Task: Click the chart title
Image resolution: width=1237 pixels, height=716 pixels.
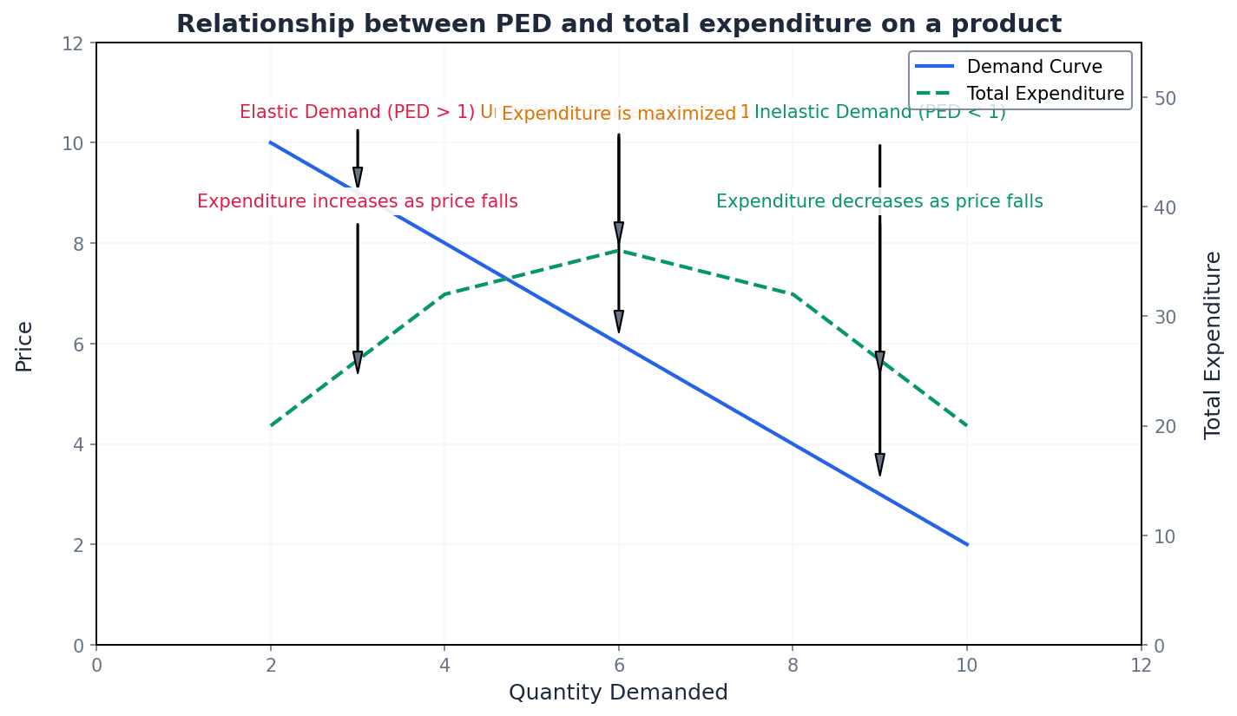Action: [x=618, y=24]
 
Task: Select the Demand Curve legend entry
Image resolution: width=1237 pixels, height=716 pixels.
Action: [x=1034, y=68]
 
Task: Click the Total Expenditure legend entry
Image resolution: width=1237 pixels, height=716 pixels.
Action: [x=1045, y=94]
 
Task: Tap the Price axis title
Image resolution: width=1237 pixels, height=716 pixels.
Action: [x=24, y=345]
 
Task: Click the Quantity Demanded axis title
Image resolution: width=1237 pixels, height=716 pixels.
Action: [x=618, y=693]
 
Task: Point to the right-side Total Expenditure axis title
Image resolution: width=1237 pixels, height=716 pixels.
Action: [x=1213, y=345]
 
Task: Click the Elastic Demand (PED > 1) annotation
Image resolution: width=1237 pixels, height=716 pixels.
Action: [x=357, y=112]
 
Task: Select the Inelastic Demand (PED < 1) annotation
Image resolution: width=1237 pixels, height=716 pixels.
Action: [x=879, y=112]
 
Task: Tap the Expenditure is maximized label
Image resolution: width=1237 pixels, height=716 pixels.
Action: [x=618, y=114]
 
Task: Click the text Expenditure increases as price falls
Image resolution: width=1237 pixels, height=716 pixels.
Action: [x=357, y=201]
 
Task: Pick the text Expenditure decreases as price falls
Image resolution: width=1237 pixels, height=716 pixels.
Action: [x=879, y=201]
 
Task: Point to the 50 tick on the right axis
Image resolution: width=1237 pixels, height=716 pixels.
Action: [x=1161, y=98]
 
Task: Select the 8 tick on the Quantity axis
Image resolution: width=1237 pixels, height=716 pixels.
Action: [x=793, y=665]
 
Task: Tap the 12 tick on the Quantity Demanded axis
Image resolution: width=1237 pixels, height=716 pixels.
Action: [x=1141, y=665]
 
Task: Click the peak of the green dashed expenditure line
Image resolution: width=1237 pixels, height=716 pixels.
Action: [x=618, y=250]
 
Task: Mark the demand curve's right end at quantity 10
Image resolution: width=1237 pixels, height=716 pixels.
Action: [x=967, y=545]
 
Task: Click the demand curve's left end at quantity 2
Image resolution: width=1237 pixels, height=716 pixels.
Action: [x=271, y=142]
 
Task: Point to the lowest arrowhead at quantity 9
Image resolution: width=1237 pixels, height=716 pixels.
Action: [x=879, y=464]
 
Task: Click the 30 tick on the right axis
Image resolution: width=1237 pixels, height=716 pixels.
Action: [x=1161, y=317]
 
